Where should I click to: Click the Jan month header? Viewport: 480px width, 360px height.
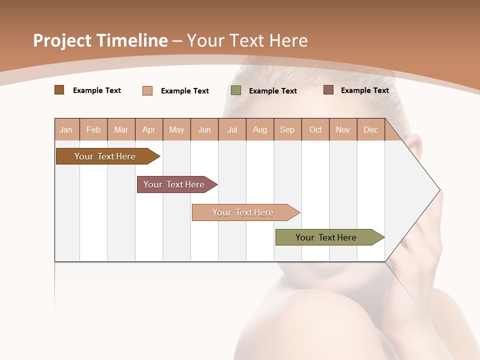point(66,130)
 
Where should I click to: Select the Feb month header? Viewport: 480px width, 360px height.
point(93,130)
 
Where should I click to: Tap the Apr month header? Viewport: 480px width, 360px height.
point(149,130)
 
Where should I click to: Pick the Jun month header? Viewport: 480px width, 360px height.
point(204,130)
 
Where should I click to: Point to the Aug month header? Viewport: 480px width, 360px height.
point(260,130)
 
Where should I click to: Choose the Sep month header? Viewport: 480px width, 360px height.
point(287,130)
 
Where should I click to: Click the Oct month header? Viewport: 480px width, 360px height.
point(315,130)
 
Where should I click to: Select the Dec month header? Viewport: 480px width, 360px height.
point(371,130)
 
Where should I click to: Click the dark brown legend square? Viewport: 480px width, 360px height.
point(59,90)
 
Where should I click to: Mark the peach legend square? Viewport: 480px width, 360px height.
point(147,90)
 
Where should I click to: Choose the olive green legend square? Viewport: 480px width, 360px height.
point(236,90)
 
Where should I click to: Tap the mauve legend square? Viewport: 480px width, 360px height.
point(328,90)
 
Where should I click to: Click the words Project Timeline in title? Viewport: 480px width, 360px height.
point(100,40)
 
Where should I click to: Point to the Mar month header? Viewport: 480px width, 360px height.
point(121,130)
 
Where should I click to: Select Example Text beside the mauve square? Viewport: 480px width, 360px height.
point(365,90)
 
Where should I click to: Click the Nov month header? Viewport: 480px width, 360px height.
point(343,130)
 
